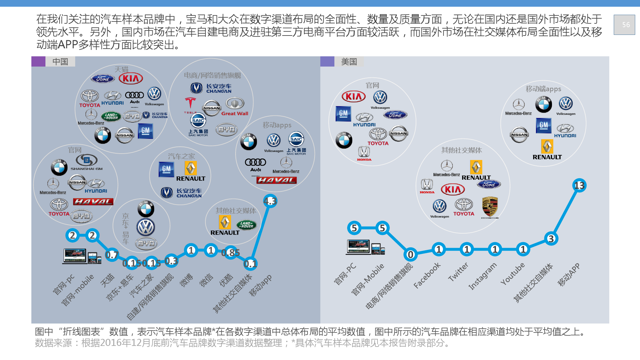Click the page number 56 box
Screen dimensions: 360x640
point(624,25)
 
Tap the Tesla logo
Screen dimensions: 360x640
point(190,104)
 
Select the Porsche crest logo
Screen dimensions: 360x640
point(490,206)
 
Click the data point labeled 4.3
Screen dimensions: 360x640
point(270,201)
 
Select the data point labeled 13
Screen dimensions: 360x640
point(579,186)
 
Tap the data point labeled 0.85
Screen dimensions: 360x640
point(230,253)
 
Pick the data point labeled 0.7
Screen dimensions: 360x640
point(112,255)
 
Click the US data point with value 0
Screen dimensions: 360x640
point(411,254)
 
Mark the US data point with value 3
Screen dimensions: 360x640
point(551,238)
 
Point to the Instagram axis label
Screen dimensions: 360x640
point(483,276)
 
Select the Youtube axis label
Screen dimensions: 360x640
point(513,273)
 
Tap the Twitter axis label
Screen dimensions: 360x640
point(458,272)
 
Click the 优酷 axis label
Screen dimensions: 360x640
point(226,280)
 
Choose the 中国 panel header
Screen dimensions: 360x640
point(60,61)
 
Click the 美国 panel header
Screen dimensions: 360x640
point(349,61)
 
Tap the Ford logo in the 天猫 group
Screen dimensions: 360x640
point(103,79)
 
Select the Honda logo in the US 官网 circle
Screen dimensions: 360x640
point(364,153)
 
